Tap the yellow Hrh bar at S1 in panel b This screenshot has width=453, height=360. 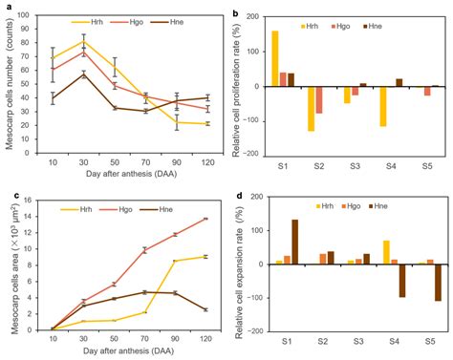tap(275, 58)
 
